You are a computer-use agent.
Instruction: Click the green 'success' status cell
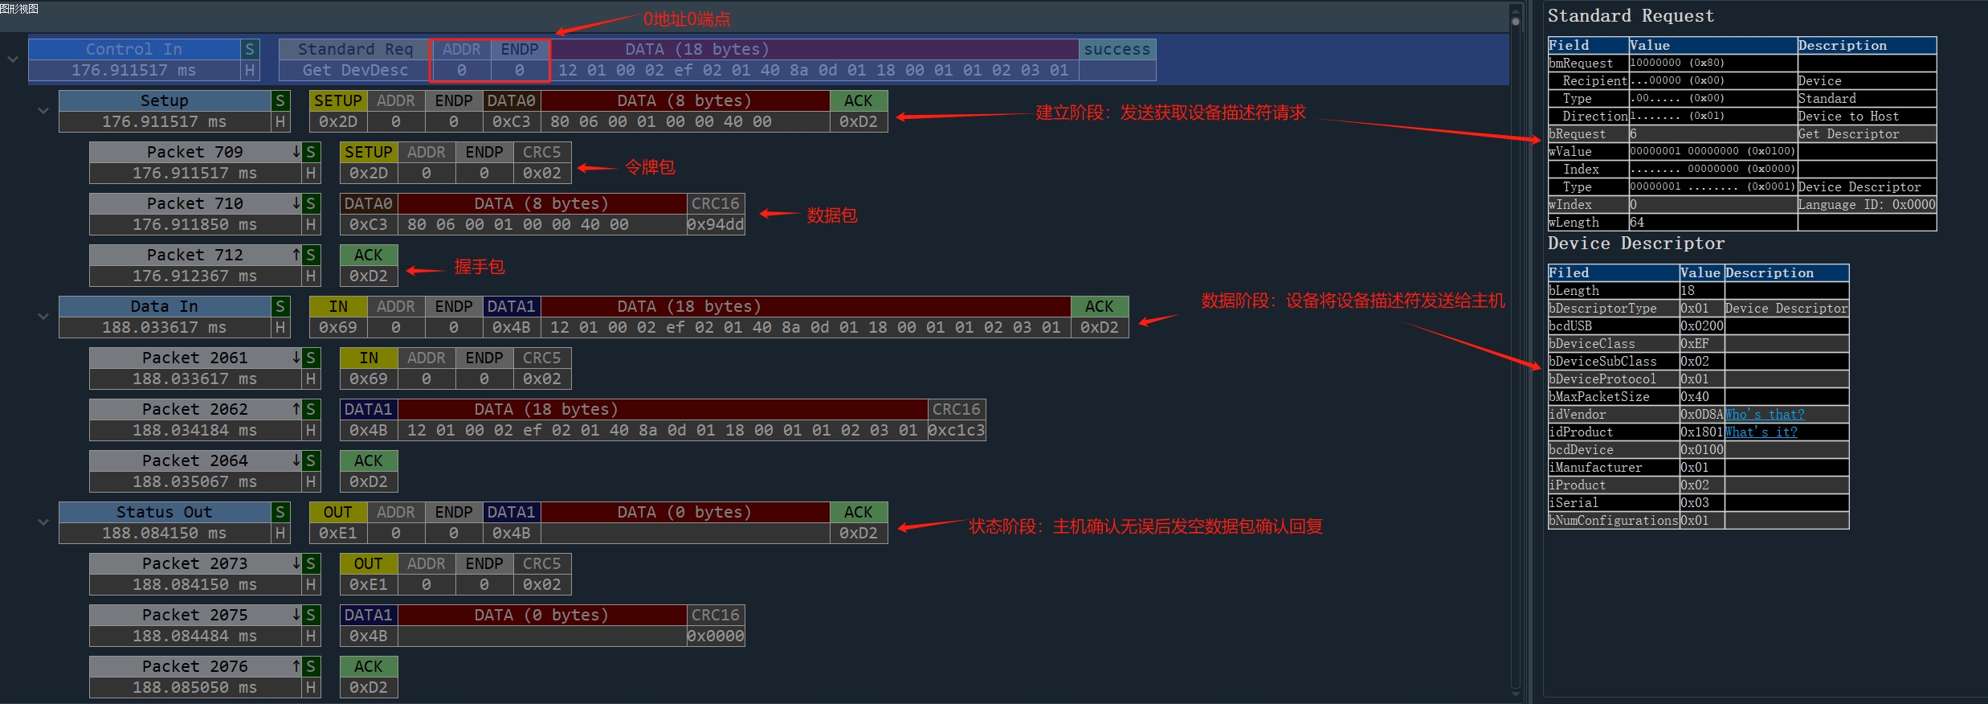pos(1116,50)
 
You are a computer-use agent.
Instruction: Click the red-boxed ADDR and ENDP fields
pos(490,60)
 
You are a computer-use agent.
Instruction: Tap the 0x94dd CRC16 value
pos(716,225)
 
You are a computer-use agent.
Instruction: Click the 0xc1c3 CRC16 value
pos(956,431)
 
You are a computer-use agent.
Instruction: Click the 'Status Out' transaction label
pos(165,512)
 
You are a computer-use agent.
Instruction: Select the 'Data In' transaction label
pos(165,306)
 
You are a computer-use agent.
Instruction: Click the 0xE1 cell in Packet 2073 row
pos(368,585)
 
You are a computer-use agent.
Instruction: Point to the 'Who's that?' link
pos(1764,415)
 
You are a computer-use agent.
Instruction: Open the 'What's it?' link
pos(1761,432)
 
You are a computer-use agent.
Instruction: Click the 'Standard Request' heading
pos(1631,16)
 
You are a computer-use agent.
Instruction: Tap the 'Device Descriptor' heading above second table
pos(1635,244)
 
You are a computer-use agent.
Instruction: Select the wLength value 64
pos(1637,223)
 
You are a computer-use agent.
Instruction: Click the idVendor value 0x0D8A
pos(1701,415)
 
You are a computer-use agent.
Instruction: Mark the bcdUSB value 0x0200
pos(1701,326)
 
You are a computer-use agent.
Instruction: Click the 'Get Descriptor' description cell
pos(1848,134)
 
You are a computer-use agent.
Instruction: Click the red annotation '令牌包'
pos(650,167)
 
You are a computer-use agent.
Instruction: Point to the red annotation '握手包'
pos(480,267)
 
